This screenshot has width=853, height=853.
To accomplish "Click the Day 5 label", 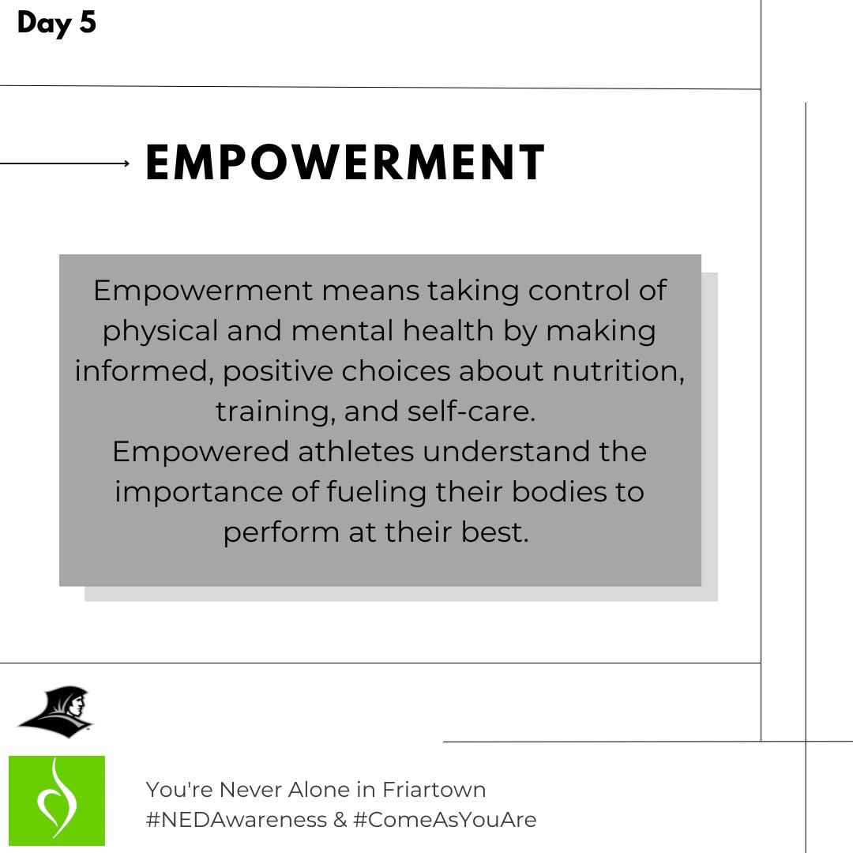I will pos(56,23).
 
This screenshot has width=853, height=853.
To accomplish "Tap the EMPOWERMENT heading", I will pos(345,163).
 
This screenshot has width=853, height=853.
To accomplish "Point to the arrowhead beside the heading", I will pos(126,163).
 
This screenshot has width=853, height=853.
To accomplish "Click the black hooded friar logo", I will pos(55,712).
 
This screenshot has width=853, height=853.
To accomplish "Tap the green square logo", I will pos(56,800).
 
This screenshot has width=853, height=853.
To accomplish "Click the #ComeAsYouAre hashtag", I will pos(445,820).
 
